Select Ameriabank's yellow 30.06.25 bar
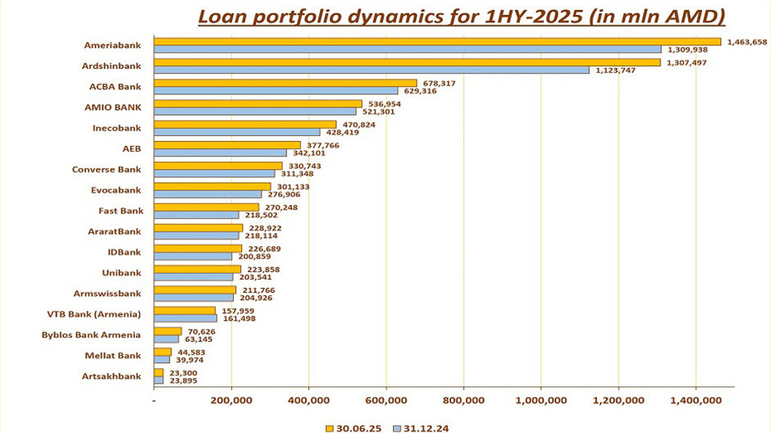[x=437, y=41]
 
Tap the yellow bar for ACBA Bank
[x=285, y=83]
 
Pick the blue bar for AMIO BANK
[x=255, y=112]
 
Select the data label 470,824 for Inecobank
[x=358, y=124]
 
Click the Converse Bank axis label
[x=107, y=170]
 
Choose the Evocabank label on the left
[x=116, y=190]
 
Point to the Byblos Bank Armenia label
[x=91, y=335]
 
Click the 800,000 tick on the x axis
[x=463, y=400]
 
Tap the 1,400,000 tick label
[x=696, y=400]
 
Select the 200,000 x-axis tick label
[x=231, y=400]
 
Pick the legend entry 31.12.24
[x=419, y=427]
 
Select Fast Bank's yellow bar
[x=207, y=207]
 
